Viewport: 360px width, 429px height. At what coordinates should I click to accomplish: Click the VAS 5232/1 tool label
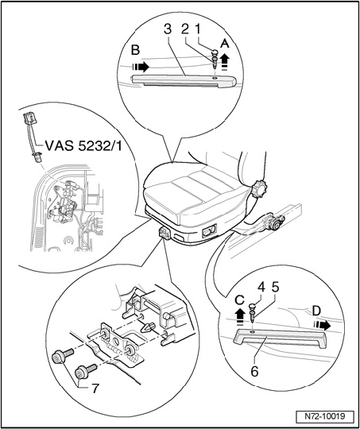tap(83, 145)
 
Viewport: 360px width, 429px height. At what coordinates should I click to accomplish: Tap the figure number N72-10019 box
tap(324, 415)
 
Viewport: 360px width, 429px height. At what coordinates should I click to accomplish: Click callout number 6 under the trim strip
tap(254, 371)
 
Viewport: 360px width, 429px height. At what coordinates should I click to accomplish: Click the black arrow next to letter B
tap(141, 67)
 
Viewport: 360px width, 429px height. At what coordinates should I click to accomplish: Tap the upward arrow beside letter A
tap(224, 62)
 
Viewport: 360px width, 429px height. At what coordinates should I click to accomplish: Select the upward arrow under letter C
tap(240, 316)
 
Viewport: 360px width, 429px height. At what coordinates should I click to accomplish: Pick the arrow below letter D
tap(322, 326)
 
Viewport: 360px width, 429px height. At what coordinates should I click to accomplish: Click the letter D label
tap(316, 311)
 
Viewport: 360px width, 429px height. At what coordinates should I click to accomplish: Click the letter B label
tap(136, 50)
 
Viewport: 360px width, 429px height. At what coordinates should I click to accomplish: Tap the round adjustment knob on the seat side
tap(257, 188)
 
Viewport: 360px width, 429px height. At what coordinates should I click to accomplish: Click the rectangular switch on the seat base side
tap(209, 231)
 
